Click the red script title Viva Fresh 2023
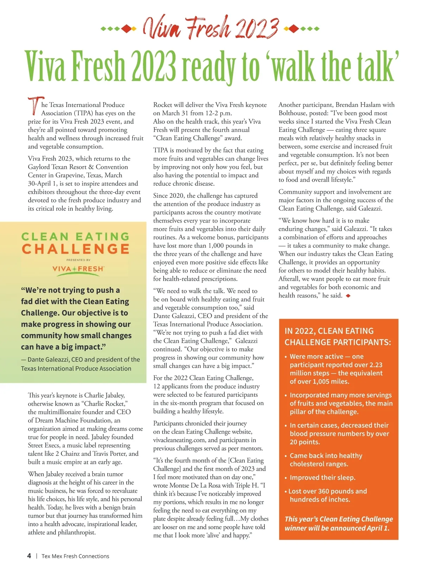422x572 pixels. pos(210,28)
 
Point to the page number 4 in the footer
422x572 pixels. pos(29,556)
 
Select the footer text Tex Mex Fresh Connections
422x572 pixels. pos(75,556)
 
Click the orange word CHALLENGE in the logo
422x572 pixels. pos(76,249)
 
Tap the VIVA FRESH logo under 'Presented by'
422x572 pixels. pos(78,269)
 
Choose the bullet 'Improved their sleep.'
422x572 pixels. pos(322,478)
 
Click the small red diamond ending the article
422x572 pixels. pos(348,296)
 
